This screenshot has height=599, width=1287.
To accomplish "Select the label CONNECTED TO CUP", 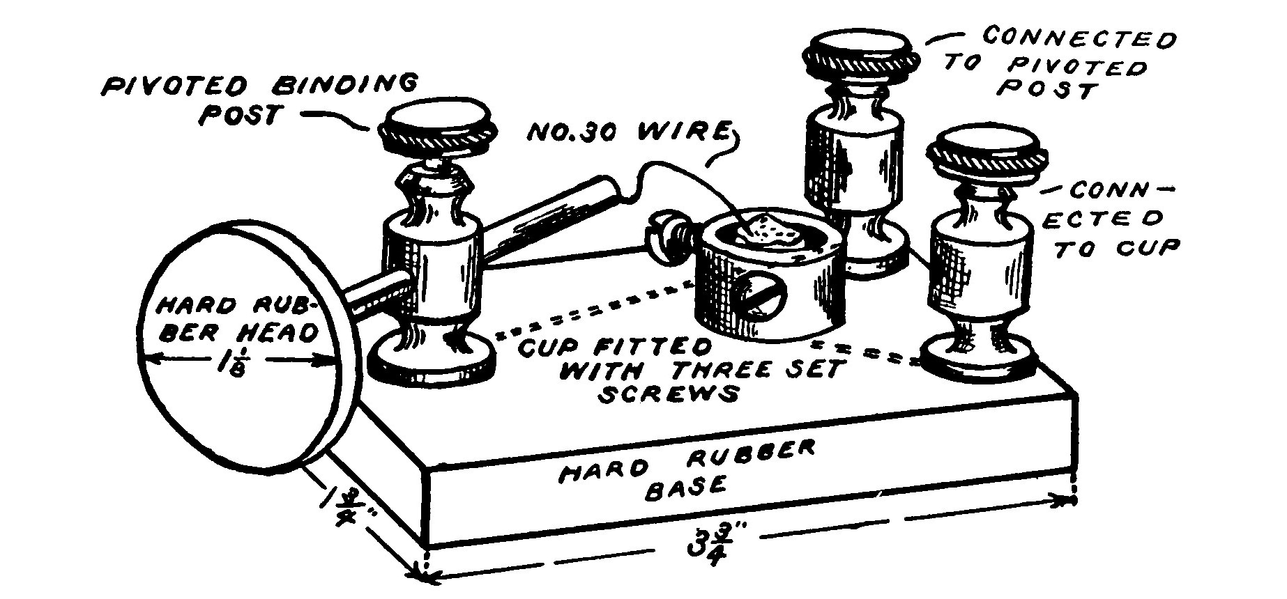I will click(1109, 219).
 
